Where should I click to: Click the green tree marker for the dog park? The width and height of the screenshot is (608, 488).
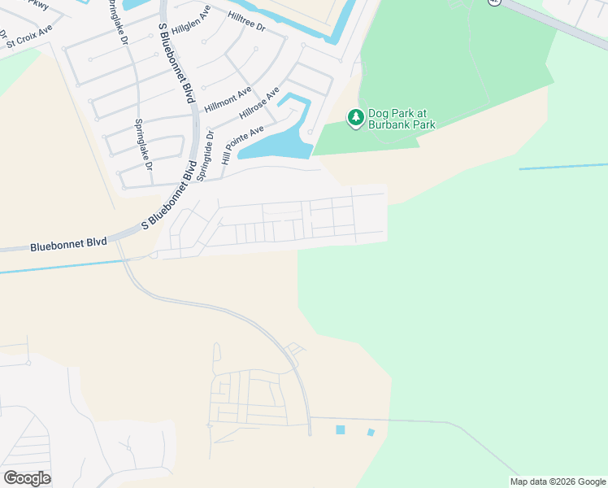[x=355, y=119]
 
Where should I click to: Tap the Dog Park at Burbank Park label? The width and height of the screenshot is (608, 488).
[x=402, y=119]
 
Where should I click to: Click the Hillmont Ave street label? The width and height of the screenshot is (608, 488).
[x=228, y=100]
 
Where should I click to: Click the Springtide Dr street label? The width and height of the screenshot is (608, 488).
[x=210, y=147]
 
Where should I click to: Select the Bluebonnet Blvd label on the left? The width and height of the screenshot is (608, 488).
[x=68, y=243]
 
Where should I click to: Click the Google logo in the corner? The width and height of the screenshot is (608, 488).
[x=27, y=478]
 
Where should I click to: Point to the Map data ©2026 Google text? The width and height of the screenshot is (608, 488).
[x=557, y=481]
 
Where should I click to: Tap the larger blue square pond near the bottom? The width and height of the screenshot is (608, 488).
[x=340, y=429]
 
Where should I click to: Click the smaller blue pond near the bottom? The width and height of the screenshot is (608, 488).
[x=371, y=432]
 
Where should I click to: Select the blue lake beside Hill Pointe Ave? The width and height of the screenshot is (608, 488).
[x=276, y=145]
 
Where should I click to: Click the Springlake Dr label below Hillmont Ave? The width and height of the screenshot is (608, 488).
[x=143, y=144]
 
